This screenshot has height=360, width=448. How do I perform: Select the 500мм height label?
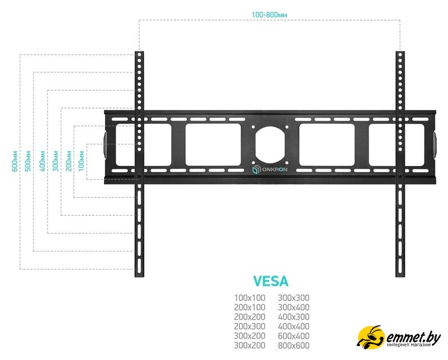pyautogui.click(x=28, y=160)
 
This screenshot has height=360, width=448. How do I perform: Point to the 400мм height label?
pyautogui.click(x=42, y=160)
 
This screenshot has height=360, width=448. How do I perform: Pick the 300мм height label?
pyautogui.click(x=55, y=160)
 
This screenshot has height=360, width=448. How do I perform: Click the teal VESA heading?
pyautogui.click(x=271, y=281)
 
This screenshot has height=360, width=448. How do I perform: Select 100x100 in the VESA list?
pyautogui.click(x=250, y=298)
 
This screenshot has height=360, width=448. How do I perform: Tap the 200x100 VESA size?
pyautogui.click(x=250, y=308)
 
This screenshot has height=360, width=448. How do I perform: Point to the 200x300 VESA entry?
pyautogui.click(x=250, y=326)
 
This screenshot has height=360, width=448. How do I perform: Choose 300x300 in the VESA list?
pyautogui.click(x=293, y=298)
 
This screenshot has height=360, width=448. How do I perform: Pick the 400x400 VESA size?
pyautogui.click(x=293, y=326)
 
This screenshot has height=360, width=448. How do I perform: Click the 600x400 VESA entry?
pyautogui.click(x=293, y=336)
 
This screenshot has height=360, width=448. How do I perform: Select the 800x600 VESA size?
pyautogui.click(x=293, y=345)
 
